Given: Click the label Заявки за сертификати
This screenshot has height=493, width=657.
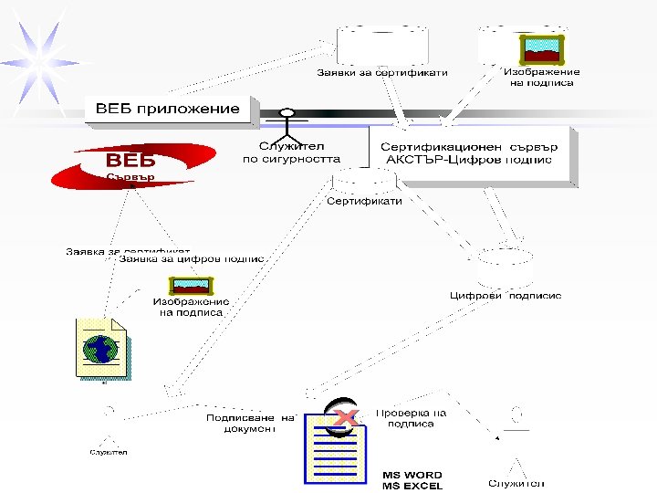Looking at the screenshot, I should (x=382, y=73).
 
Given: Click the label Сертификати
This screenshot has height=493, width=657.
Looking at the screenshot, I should (x=364, y=201).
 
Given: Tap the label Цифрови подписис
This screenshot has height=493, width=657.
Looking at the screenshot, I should (x=505, y=296).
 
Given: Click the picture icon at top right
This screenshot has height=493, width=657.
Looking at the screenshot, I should (x=540, y=48).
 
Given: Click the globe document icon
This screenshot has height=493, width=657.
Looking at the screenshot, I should (x=100, y=348).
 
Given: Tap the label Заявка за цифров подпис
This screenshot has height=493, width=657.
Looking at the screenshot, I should (x=191, y=258).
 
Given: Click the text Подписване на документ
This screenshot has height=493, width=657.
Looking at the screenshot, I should (x=250, y=423).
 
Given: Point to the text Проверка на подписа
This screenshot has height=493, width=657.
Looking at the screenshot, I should (x=411, y=418).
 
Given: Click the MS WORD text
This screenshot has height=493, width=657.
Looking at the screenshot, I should (x=412, y=475).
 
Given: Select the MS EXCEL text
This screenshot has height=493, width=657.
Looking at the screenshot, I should (x=412, y=486).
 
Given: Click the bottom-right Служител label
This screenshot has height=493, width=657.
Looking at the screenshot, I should (x=516, y=483).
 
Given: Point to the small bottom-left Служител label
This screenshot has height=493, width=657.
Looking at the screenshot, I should (x=108, y=452).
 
